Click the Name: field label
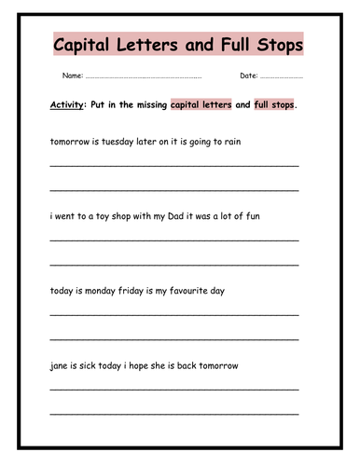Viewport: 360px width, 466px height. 73,75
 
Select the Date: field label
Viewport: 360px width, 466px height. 249,75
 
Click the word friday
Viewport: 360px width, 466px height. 141,290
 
